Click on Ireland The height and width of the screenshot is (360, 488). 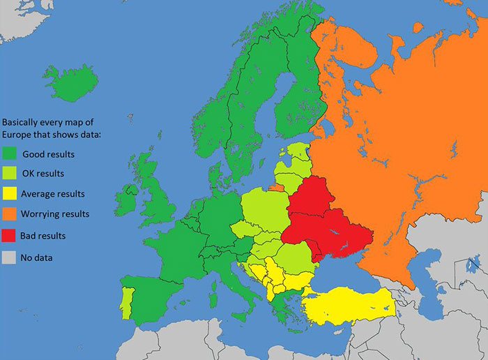(x=130, y=199)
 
